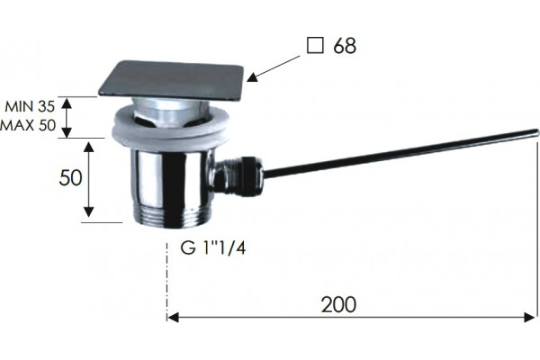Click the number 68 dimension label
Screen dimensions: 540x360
click(x=345, y=46)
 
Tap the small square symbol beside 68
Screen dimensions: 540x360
click(x=315, y=46)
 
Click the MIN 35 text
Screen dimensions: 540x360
click(x=30, y=107)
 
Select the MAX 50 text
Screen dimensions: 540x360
click(x=28, y=125)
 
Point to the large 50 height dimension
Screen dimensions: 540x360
click(x=70, y=178)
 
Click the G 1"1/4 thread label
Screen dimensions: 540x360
click(x=213, y=247)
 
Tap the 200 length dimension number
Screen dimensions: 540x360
click(x=339, y=304)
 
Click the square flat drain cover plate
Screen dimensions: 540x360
click(x=171, y=79)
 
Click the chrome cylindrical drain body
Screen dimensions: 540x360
click(x=172, y=179)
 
